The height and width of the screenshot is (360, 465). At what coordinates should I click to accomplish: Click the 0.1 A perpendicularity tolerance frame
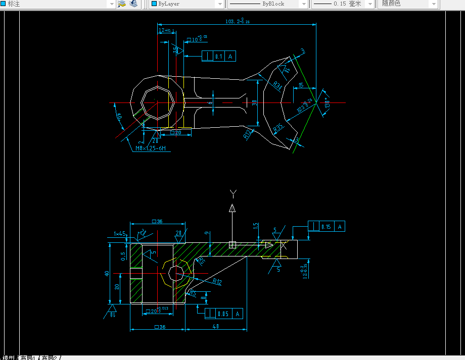pyautogui.click(x=218, y=57)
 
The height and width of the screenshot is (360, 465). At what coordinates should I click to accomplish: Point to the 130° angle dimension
pyautogui.click(x=327, y=104)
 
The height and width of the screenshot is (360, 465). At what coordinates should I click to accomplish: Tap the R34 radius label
pyautogui.click(x=277, y=86)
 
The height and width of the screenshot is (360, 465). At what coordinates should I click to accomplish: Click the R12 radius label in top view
pyautogui.click(x=248, y=134)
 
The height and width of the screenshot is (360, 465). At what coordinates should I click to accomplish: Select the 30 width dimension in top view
pyautogui.click(x=254, y=103)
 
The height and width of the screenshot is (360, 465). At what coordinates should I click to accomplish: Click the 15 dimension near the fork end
pyautogui.click(x=301, y=86)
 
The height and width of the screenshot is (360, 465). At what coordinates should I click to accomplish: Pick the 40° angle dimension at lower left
pyautogui.click(x=120, y=117)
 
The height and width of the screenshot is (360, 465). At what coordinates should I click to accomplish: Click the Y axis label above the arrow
pyautogui.click(x=232, y=193)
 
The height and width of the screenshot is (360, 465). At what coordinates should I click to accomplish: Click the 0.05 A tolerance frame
pyautogui.click(x=223, y=314)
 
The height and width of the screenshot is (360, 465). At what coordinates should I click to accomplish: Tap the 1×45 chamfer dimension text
pyautogui.click(x=120, y=233)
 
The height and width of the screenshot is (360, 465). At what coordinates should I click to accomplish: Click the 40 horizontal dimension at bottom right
pyautogui.click(x=216, y=326)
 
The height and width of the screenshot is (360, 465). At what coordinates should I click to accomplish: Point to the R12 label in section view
pyautogui.click(x=217, y=282)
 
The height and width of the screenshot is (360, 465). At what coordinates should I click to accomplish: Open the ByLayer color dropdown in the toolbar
pyautogui.click(x=187, y=4)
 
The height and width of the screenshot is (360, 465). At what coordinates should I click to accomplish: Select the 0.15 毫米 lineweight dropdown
pyautogui.click(x=343, y=4)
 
